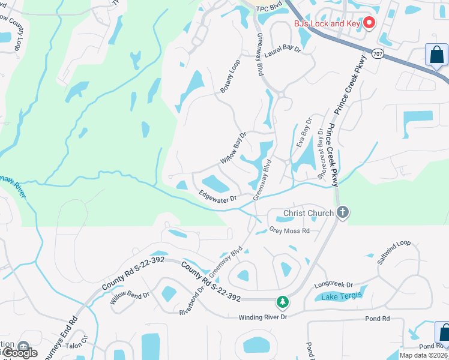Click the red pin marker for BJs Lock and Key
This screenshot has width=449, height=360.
(369, 23)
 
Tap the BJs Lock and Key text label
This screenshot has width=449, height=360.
(327, 24)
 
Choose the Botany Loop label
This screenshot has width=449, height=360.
(230, 76)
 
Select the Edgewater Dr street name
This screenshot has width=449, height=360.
(218, 196)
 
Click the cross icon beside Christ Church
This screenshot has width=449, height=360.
(342, 212)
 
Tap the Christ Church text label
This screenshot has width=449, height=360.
(308, 213)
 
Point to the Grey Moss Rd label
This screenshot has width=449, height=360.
(289, 230)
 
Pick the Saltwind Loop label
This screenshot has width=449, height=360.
(394, 253)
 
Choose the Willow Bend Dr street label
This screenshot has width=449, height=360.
(129, 298)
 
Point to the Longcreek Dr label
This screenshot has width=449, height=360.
(333, 285)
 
